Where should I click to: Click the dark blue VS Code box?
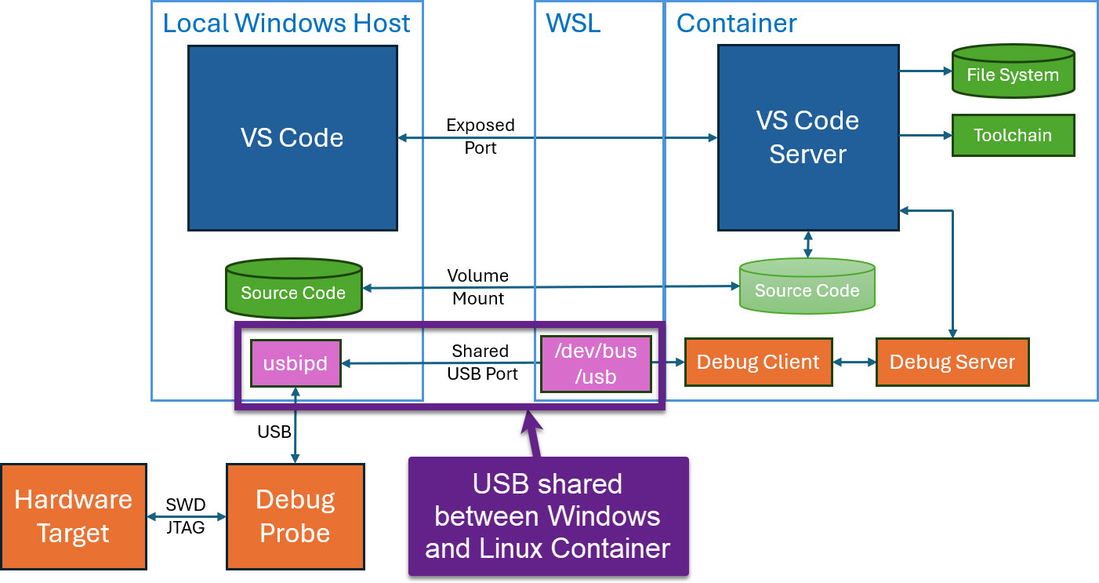(x=292, y=137)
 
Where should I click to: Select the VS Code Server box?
(x=807, y=137)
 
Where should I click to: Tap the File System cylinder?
(x=1013, y=72)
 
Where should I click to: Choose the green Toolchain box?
(x=1013, y=135)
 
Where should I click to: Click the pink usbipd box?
(x=296, y=363)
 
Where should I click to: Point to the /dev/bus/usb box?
(x=596, y=364)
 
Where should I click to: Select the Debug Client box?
(x=758, y=363)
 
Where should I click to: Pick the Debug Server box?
(x=952, y=363)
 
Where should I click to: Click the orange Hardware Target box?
(x=74, y=516)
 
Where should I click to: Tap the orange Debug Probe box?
(x=295, y=516)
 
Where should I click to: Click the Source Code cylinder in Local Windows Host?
(x=293, y=290)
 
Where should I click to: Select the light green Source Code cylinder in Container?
(x=807, y=287)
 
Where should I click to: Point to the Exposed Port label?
(x=481, y=137)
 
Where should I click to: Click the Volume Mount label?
(x=478, y=287)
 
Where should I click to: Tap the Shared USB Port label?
(x=481, y=363)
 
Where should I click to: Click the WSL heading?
(x=573, y=24)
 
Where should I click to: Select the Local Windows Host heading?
(x=286, y=24)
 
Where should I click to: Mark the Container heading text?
(x=736, y=24)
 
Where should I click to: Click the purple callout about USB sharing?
(x=548, y=516)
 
